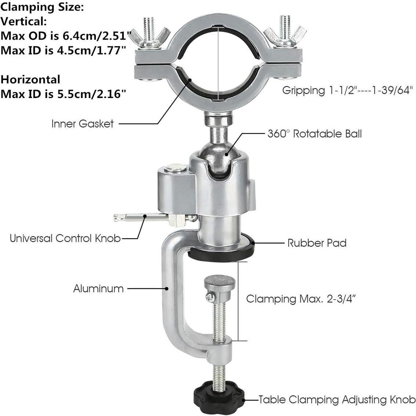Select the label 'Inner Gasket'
pyautogui.click(x=83, y=124)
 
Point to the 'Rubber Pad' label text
pyautogui.click(x=316, y=243)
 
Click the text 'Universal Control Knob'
pyautogui.click(x=65, y=238)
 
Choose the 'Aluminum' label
pyautogui.click(x=98, y=289)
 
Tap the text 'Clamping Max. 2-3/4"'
pyautogui.click(x=301, y=299)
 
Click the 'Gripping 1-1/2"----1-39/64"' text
pyautogui.click(x=348, y=90)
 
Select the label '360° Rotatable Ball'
pyautogui.click(x=314, y=134)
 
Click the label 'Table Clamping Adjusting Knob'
pyautogui.click(x=337, y=399)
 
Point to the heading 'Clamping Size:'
pyautogui.click(x=43, y=8)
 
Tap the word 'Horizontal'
pyautogui.click(x=30, y=79)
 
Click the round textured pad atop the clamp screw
pyautogui.click(x=220, y=283)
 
